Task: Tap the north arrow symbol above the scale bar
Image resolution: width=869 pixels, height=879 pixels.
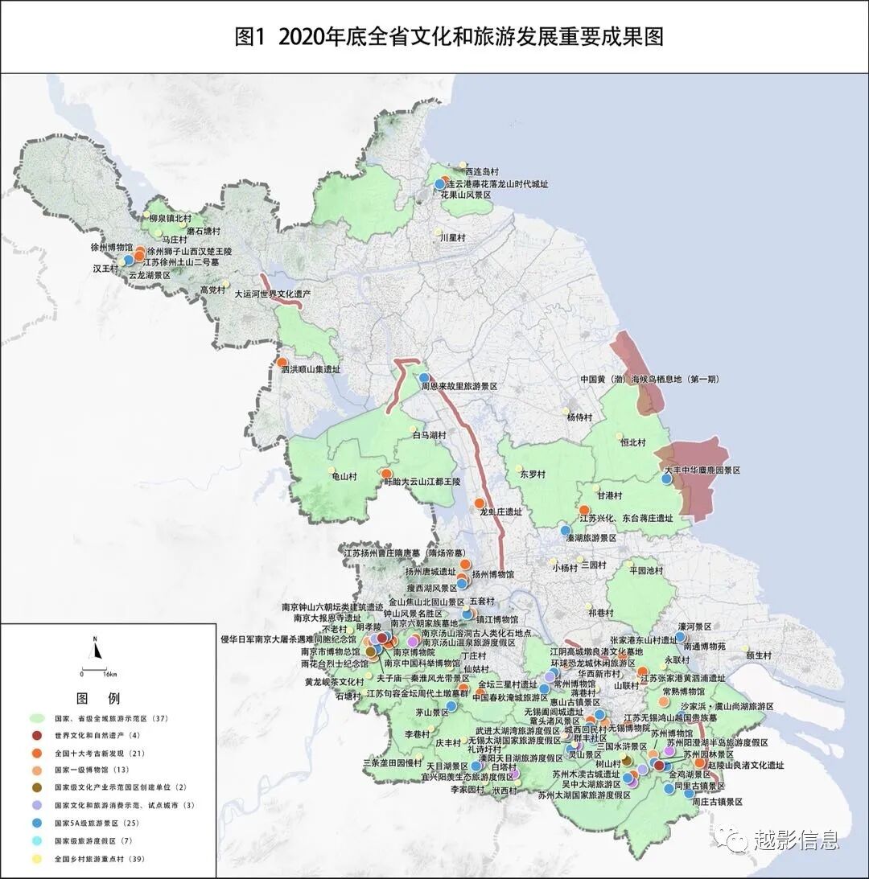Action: click(95, 647)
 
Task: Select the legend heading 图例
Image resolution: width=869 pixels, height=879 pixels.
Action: click(97, 697)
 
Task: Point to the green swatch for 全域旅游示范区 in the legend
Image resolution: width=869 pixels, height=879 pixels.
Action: click(36, 717)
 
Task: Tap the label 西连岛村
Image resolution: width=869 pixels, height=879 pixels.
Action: click(481, 172)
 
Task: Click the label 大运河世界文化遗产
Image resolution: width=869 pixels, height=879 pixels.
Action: click(272, 295)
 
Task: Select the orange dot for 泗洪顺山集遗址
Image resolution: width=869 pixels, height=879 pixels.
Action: click(282, 363)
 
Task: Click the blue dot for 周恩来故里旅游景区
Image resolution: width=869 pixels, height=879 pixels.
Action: click(424, 377)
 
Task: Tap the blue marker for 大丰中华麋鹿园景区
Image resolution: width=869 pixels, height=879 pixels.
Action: click(666, 479)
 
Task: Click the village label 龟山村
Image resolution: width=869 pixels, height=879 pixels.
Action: click(344, 476)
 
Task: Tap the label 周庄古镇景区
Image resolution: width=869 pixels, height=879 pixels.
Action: click(716, 802)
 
